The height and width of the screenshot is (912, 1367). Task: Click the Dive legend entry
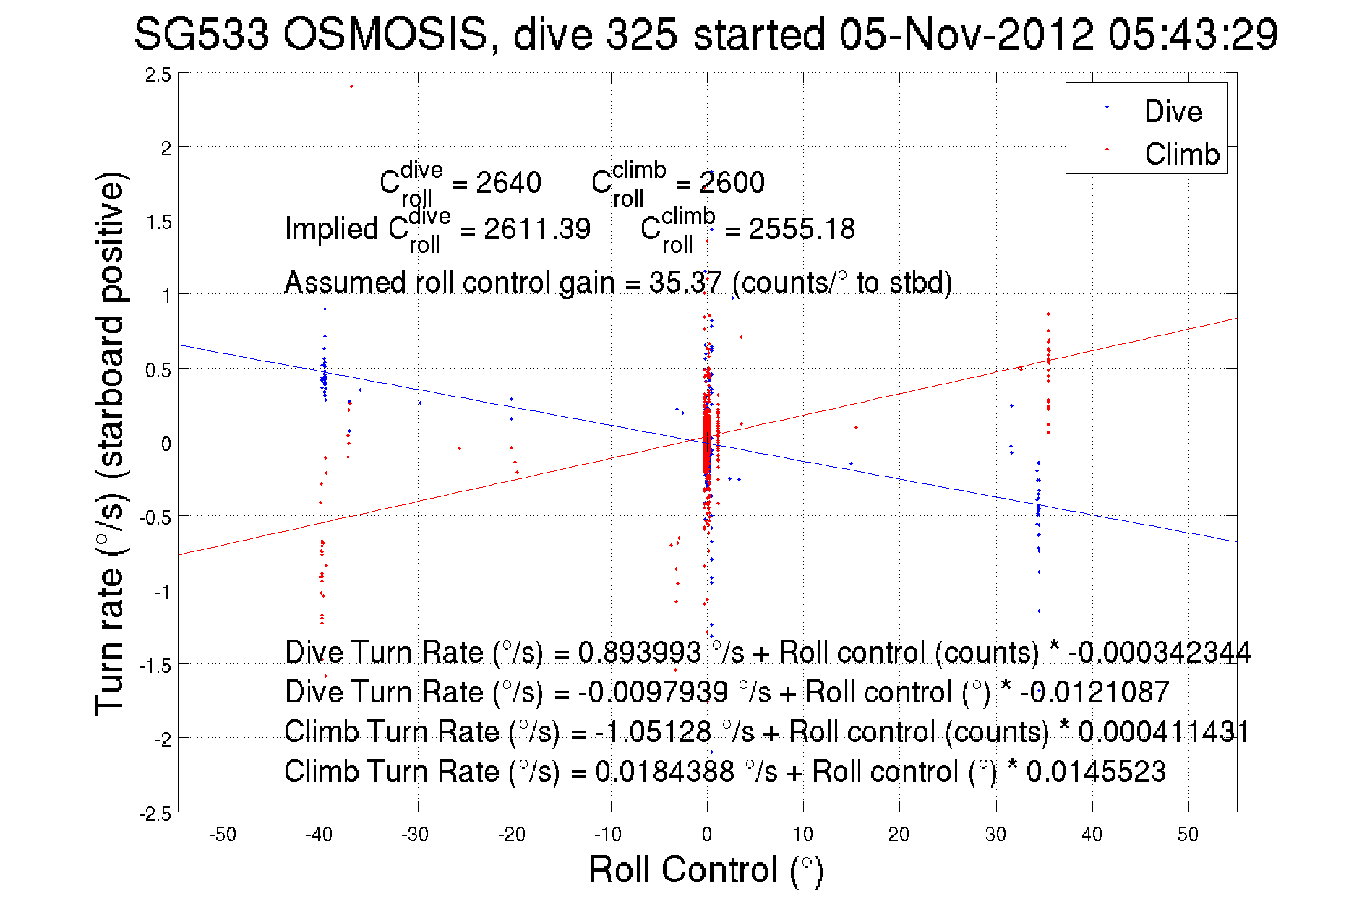pos(1173,111)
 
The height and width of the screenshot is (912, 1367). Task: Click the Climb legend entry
pos(1181,154)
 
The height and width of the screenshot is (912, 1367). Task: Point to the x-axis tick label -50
pos(223,835)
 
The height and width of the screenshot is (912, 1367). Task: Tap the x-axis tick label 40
pos(1092,835)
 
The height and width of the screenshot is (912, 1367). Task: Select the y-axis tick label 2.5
pos(158,75)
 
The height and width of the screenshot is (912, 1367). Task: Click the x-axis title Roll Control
pos(706,869)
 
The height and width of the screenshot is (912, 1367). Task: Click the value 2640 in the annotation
pos(508,183)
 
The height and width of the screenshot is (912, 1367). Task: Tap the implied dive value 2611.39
pos(537,229)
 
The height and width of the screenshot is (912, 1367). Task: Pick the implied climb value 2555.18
pos(801,229)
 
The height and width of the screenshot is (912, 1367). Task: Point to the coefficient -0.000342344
pos(1159,653)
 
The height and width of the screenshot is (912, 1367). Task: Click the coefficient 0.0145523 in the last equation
pos(1095,772)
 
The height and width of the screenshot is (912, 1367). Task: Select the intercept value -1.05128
pos(653,732)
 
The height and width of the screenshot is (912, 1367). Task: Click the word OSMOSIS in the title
pos(385,34)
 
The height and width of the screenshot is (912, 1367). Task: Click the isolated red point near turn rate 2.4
pos(351,87)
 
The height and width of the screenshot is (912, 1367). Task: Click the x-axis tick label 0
pos(707,835)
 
